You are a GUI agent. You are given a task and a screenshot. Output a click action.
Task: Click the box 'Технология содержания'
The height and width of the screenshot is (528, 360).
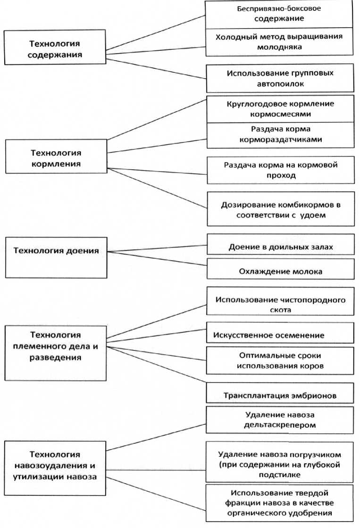tap(55, 48)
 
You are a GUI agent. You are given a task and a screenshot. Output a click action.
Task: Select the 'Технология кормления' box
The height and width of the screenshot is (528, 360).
tap(56, 159)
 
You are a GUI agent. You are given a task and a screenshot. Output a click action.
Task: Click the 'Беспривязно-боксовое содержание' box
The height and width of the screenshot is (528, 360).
tap(280, 14)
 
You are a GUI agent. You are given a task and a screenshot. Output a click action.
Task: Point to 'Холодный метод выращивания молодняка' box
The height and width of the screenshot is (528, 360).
tap(280, 41)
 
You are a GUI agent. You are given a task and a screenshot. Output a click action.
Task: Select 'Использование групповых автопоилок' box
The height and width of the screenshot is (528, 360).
tap(280, 78)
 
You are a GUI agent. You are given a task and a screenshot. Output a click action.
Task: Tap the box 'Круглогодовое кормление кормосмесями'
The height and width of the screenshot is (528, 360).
tap(280, 109)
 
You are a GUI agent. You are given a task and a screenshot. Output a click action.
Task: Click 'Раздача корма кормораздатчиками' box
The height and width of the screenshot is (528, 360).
tap(280, 135)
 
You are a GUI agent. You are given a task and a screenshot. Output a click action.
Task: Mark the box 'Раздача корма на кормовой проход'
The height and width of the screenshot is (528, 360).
tap(280, 170)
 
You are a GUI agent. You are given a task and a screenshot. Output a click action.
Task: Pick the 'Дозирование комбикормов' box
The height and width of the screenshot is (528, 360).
tap(280, 210)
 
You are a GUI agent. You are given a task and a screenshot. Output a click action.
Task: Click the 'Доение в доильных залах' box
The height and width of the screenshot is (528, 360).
tap(280, 247)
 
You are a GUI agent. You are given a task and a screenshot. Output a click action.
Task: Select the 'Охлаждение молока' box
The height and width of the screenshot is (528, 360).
tap(280, 271)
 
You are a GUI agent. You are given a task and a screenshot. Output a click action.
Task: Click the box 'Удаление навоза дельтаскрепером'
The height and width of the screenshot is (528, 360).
tap(280, 420)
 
